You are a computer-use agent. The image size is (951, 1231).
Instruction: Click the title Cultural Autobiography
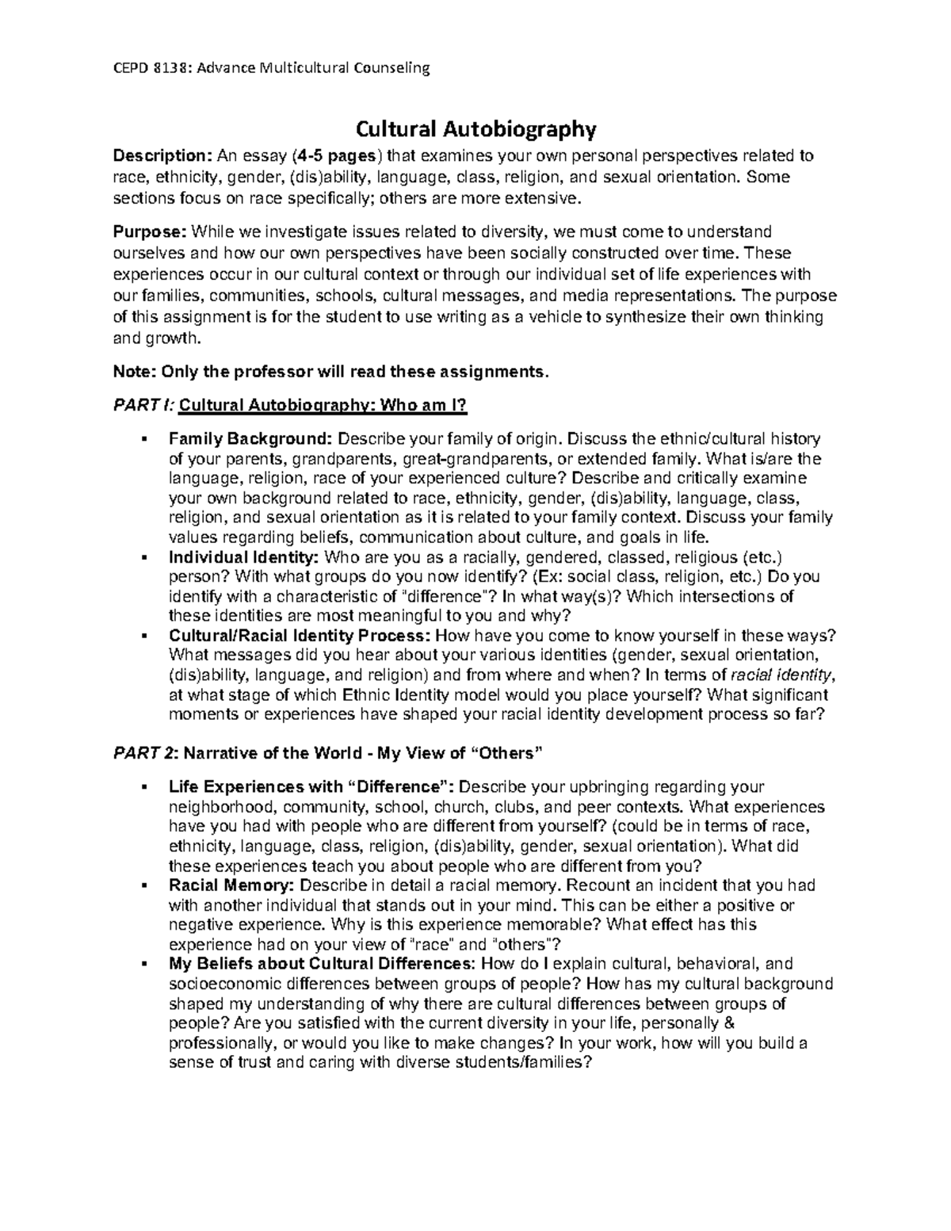coord(475,128)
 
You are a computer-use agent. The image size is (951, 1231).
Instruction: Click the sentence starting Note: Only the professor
coord(330,371)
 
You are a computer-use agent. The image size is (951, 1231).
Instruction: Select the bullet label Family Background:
coord(251,439)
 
